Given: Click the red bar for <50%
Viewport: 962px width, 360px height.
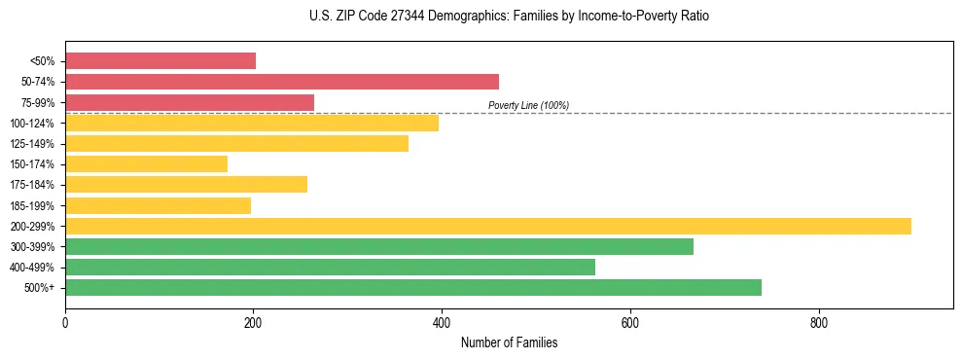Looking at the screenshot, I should (x=160, y=61).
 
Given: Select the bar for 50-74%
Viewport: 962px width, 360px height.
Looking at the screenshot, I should (x=282, y=82).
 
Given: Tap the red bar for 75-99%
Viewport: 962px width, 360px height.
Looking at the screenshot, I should (x=190, y=102).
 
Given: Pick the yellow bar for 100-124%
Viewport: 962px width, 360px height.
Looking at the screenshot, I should (x=252, y=123).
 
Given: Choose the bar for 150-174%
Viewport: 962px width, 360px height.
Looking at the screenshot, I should (x=146, y=163).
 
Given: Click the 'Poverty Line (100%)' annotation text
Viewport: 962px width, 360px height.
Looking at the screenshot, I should (x=528, y=105).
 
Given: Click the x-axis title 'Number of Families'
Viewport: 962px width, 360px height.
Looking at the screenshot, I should (x=509, y=343).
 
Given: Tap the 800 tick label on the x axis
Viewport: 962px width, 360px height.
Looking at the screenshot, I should (x=818, y=322).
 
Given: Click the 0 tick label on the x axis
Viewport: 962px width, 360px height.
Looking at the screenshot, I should (x=65, y=322).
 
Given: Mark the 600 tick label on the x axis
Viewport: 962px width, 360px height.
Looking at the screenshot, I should (x=630, y=322).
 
